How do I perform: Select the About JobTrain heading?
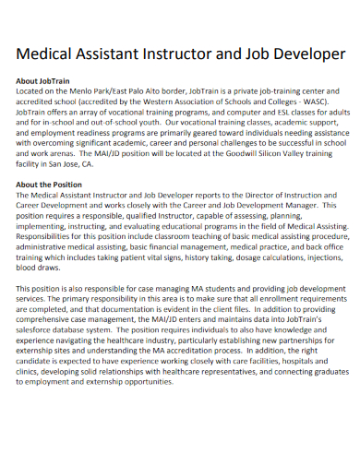coord(45,81)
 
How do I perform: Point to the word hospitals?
coord(311,391)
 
